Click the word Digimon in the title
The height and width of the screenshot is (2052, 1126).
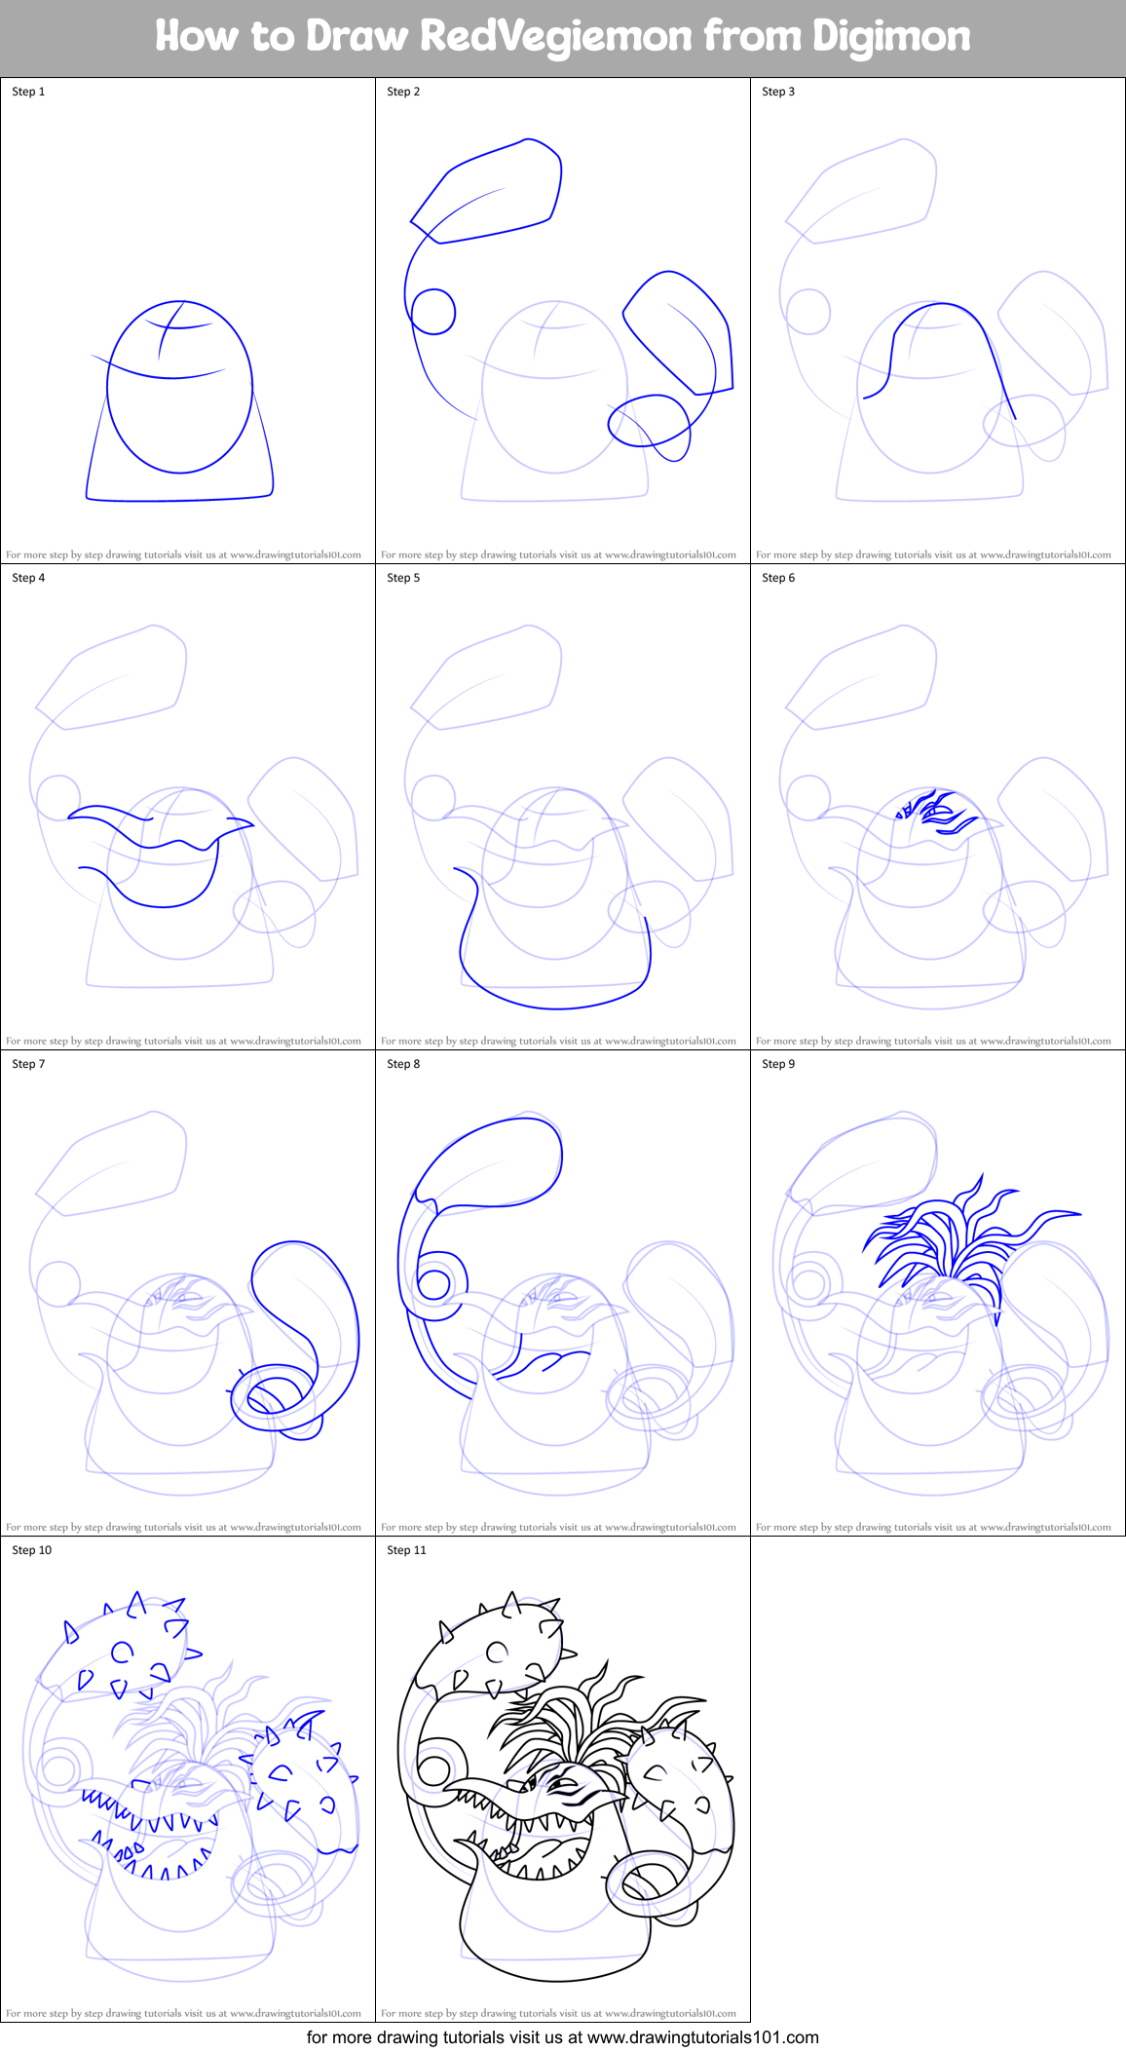890,36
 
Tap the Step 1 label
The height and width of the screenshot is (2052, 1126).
28,92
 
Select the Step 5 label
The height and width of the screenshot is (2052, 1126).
403,578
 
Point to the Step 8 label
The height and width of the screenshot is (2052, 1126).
403,1064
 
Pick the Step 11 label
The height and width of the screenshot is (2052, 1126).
406,1550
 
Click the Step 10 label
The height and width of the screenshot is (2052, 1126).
31,1550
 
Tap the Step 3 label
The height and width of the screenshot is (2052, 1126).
778,92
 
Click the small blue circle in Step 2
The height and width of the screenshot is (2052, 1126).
433,312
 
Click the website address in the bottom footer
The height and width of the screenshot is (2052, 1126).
702,2036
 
